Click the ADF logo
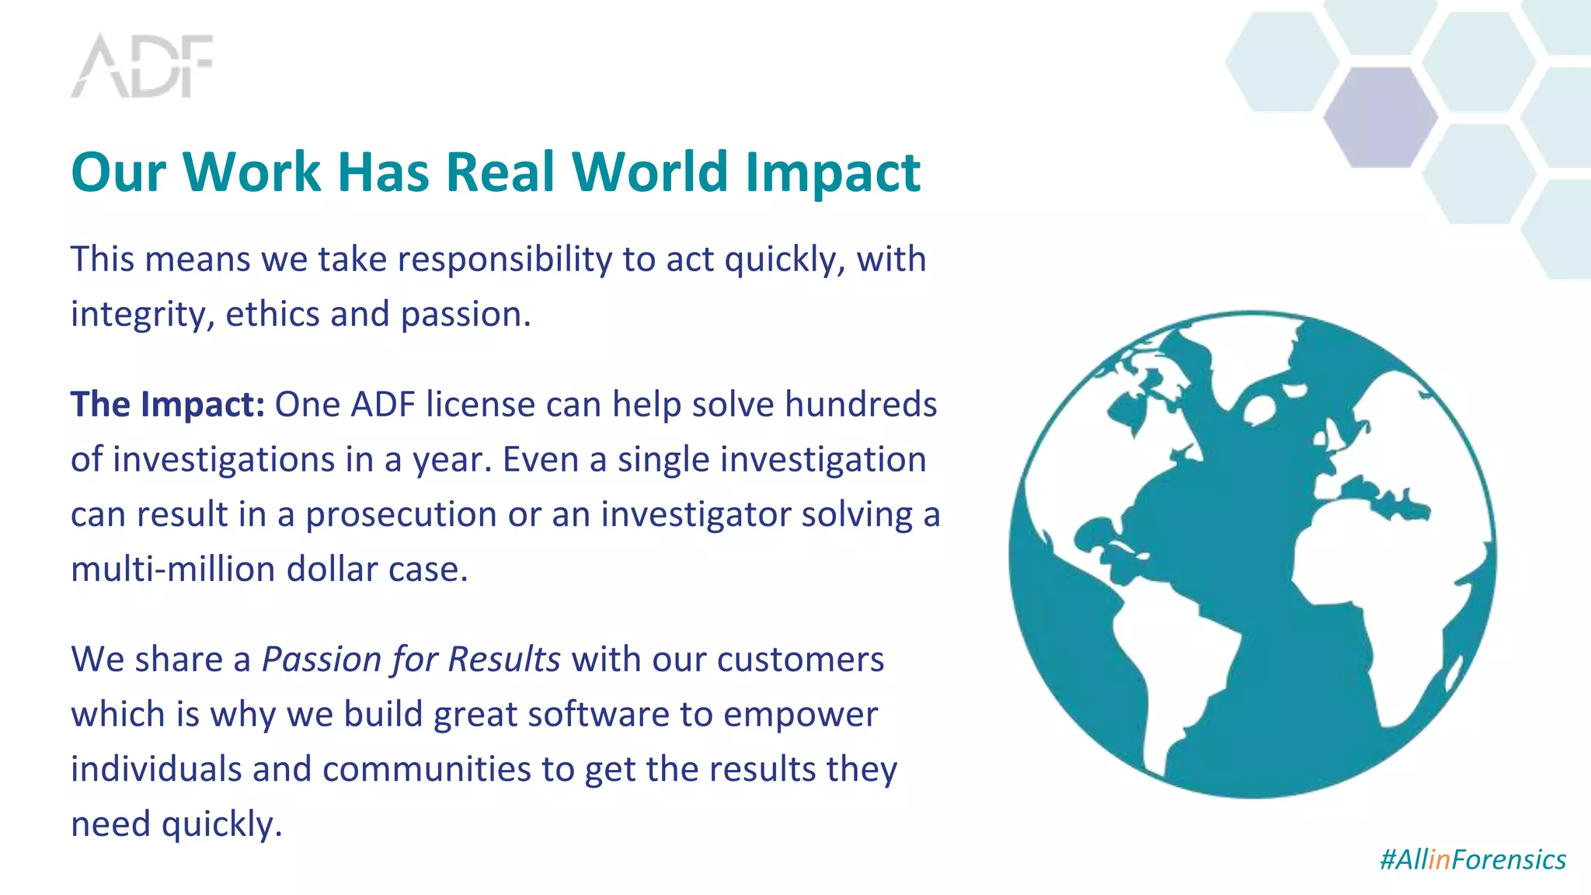pos(142,65)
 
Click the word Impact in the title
pos(832,172)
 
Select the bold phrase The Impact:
pos(168,405)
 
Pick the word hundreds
pos(861,405)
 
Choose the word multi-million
pos(172,569)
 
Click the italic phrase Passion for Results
pos(411,660)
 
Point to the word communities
pos(426,770)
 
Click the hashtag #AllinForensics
pos(1472,859)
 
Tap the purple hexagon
pos(1380,117)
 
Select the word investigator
pos(695,514)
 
